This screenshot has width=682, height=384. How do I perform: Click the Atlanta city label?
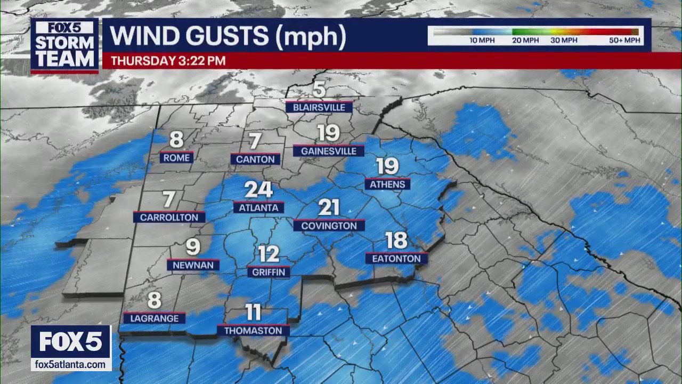[258, 208]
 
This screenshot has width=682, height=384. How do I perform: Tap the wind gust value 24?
[258, 190]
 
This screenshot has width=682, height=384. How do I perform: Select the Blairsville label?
[319, 107]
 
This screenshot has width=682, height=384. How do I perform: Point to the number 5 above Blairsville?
[319, 90]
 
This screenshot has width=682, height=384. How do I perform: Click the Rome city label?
[176, 157]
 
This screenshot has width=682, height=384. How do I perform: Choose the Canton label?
[255, 159]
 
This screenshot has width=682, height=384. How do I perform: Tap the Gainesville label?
[328, 151]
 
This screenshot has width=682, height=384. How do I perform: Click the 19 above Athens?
[387, 166]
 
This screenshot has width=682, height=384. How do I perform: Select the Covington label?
[329, 226]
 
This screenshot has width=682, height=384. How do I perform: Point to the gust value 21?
[329, 207]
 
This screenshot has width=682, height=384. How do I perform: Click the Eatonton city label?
[396, 259]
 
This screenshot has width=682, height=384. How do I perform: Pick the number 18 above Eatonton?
[396, 241]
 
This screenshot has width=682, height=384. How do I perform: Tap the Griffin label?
[269, 272]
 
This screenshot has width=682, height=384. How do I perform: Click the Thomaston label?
[253, 331]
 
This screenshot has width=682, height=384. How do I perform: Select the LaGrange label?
[154, 318]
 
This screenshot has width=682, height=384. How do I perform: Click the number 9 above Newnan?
[193, 247]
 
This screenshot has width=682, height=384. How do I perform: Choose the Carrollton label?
[168, 217]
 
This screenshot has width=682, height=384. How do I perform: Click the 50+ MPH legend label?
[624, 41]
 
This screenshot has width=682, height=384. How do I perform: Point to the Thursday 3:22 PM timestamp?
[168, 61]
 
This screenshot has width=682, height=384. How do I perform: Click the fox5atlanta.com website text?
[70, 364]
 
